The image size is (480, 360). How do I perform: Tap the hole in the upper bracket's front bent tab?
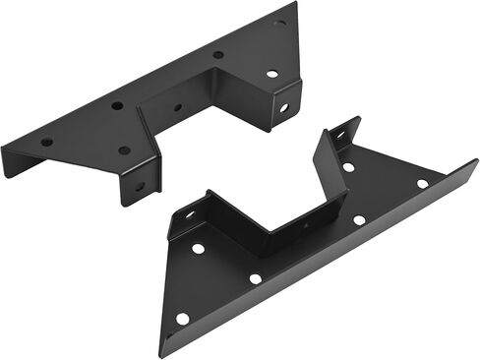pyautogui.click(x=140, y=185)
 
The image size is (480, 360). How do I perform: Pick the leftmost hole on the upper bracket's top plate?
pyautogui.click(x=46, y=142)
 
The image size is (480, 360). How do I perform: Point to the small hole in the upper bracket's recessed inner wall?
pyautogui.click(x=177, y=107)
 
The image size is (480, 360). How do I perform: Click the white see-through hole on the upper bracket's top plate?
pyautogui.click(x=271, y=74)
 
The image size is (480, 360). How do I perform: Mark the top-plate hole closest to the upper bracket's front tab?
pyautogui.click(x=124, y=150)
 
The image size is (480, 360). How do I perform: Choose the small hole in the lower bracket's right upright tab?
pyautogui.click(x=341, y=134)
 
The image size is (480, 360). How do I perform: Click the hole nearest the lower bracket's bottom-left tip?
pyautogui.click(x=182, y=318)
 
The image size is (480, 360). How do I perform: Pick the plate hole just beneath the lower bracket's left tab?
pyautogui.click(x=198, y=248)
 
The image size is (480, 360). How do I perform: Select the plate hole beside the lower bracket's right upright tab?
pyautogui.click(x=348, y=167)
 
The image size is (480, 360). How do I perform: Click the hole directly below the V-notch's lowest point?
pyautogui.click(x=256, y=278)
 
